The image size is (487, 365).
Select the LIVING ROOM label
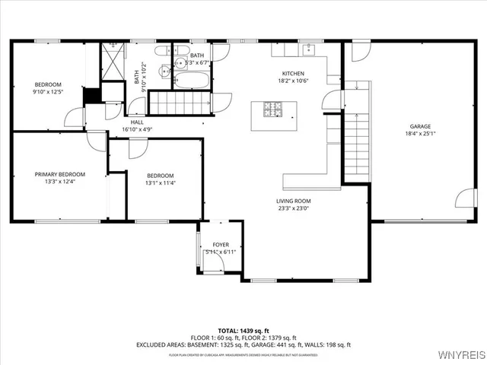click(x=293, y=201)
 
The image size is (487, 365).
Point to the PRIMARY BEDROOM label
click(x=59, y=174)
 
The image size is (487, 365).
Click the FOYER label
click(x=220, y=245)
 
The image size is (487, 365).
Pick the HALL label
click(x=137, y=122)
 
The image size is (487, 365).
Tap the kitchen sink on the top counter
click(x=309, y=50)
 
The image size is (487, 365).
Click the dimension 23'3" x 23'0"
click(x=293, y=208)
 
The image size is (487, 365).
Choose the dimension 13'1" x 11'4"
click(x=161, y=182)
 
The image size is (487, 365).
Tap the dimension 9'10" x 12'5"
click(x=47, y=92)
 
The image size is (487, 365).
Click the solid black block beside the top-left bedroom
click(x=91, y=96)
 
